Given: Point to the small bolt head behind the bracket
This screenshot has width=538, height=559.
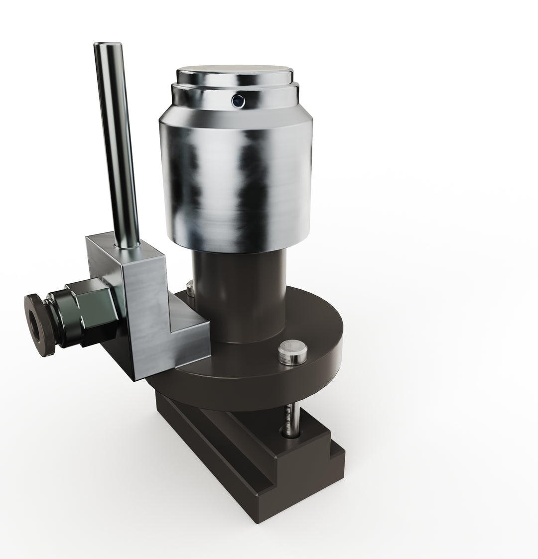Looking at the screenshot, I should click(190, 287).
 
